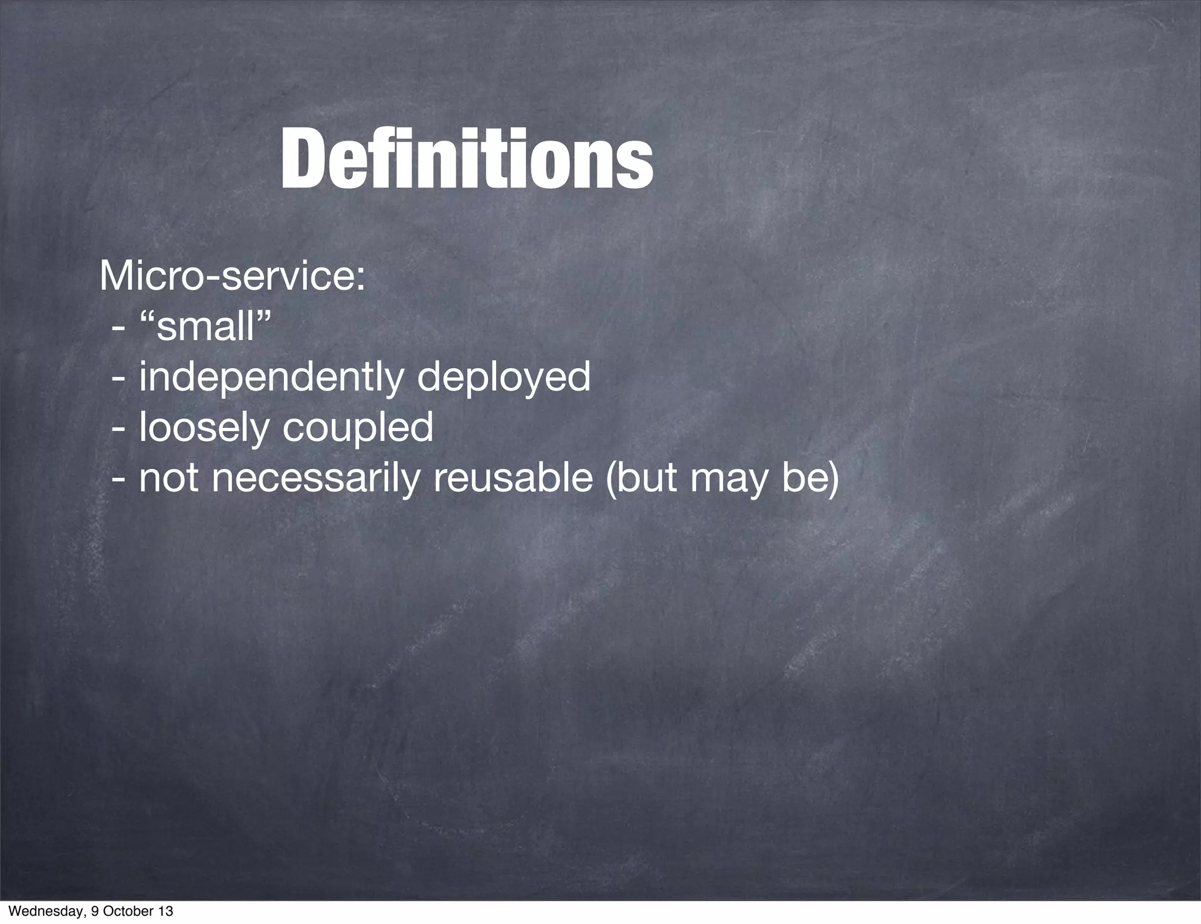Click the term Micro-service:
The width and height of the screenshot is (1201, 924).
pos(232,277)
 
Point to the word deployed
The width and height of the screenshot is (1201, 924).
pos(504,379)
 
